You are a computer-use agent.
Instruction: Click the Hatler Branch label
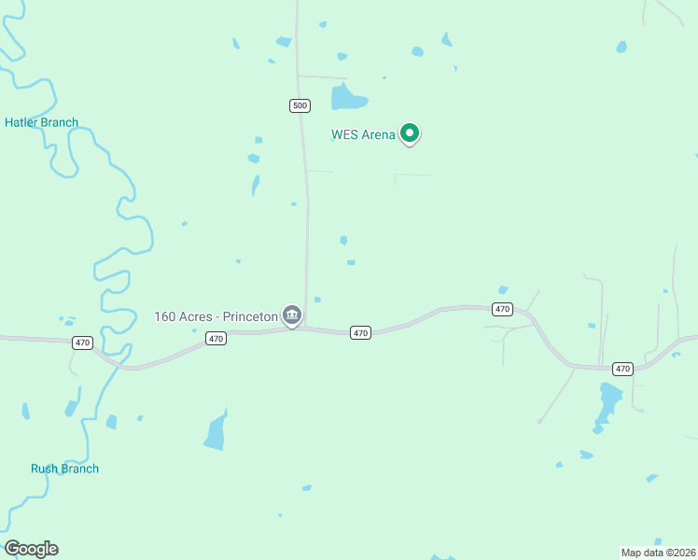41,122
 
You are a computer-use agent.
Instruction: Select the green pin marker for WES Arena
409,133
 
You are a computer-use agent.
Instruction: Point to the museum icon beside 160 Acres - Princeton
292,316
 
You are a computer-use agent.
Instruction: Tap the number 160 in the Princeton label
165,316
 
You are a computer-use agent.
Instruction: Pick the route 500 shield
299,105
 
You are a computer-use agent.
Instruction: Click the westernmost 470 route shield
82,343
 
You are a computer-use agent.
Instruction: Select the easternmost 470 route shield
623,368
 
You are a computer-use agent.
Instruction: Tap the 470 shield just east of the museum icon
361,332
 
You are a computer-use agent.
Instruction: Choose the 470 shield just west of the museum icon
216,339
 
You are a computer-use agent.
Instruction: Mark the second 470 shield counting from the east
502,309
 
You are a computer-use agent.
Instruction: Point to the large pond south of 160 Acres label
216,431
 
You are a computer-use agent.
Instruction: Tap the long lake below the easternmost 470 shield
608,403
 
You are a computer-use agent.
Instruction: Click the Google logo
31,549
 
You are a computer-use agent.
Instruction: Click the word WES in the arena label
344,134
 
